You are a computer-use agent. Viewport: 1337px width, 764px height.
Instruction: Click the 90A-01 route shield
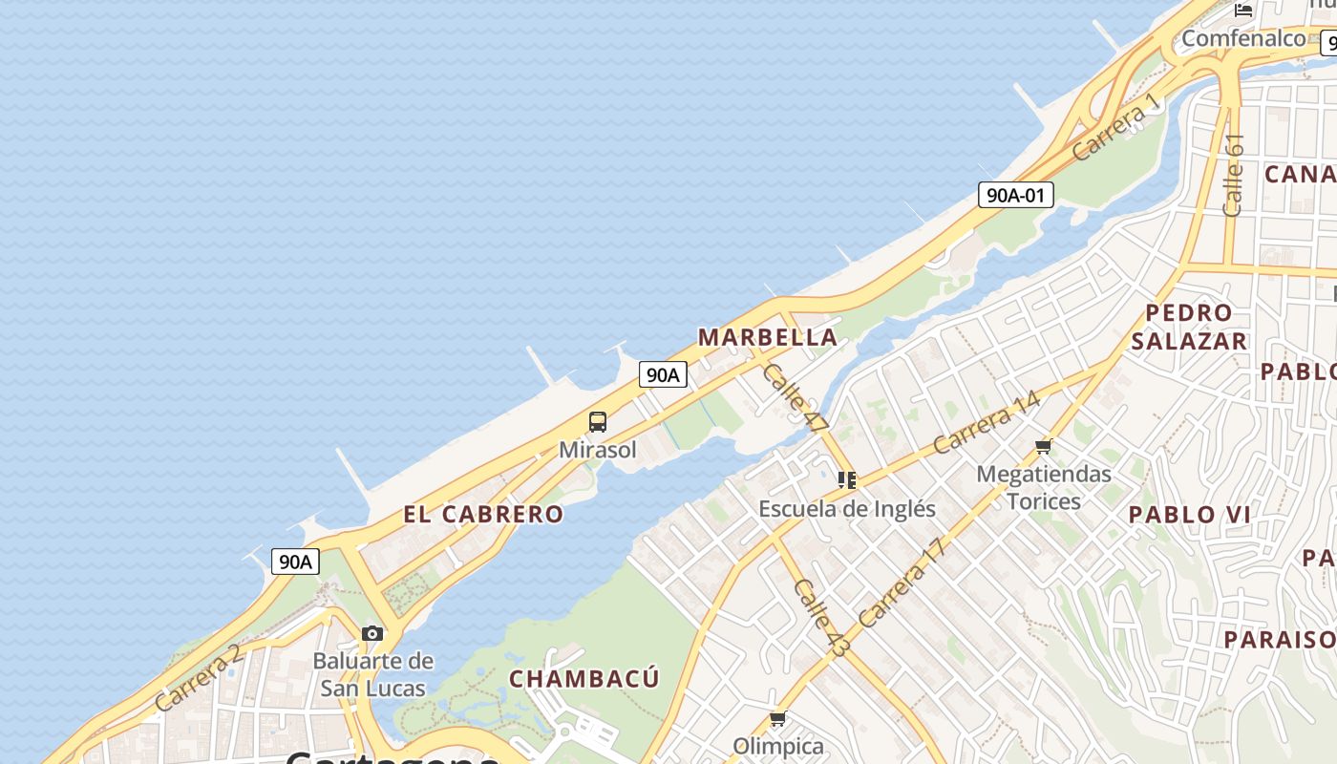coord(1015,195)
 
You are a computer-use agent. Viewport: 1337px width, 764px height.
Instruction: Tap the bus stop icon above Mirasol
coord(598,421)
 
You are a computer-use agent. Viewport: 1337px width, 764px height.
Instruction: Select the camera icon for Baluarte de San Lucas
coord(372,633)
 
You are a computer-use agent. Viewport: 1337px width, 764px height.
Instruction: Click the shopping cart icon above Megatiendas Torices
coord(1043,446)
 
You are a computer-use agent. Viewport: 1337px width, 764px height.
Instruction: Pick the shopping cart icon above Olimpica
coord(777,718)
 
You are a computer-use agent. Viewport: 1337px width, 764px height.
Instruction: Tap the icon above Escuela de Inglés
coord(846,479)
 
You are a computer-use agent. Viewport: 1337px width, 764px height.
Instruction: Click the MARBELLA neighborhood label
coord(768,337)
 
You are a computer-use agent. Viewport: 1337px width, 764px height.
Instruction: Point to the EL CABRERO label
coord(483,514)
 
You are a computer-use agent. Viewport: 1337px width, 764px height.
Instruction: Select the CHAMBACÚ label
coord(584,679)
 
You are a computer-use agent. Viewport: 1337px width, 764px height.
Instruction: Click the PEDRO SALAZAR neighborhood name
coord(1189,327)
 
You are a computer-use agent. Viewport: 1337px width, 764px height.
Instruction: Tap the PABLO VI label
coord(1189,515)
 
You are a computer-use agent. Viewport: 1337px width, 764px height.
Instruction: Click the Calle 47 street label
coord(795,397)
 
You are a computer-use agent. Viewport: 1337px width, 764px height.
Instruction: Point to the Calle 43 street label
coord(821,618)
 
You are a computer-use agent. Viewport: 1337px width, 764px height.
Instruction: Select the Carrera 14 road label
coord(986,423)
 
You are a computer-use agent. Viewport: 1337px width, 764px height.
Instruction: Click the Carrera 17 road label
coord(902,583)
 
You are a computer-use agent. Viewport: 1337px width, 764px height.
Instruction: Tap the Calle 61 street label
coord(1233,175)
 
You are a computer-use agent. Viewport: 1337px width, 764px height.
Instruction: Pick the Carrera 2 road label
coord(198,678)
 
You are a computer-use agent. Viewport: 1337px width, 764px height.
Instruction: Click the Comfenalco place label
coord(1243,38)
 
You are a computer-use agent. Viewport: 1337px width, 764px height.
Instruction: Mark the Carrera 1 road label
coord(1115,127)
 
